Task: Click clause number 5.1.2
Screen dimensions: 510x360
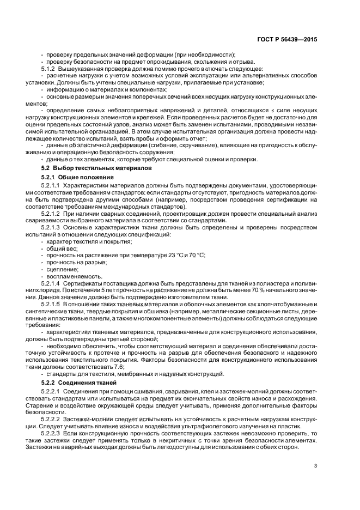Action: [x=50, y=69]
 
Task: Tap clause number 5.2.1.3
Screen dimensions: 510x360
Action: [x=52, y=227]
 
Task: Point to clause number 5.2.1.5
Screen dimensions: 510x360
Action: [x=52, y=303]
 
